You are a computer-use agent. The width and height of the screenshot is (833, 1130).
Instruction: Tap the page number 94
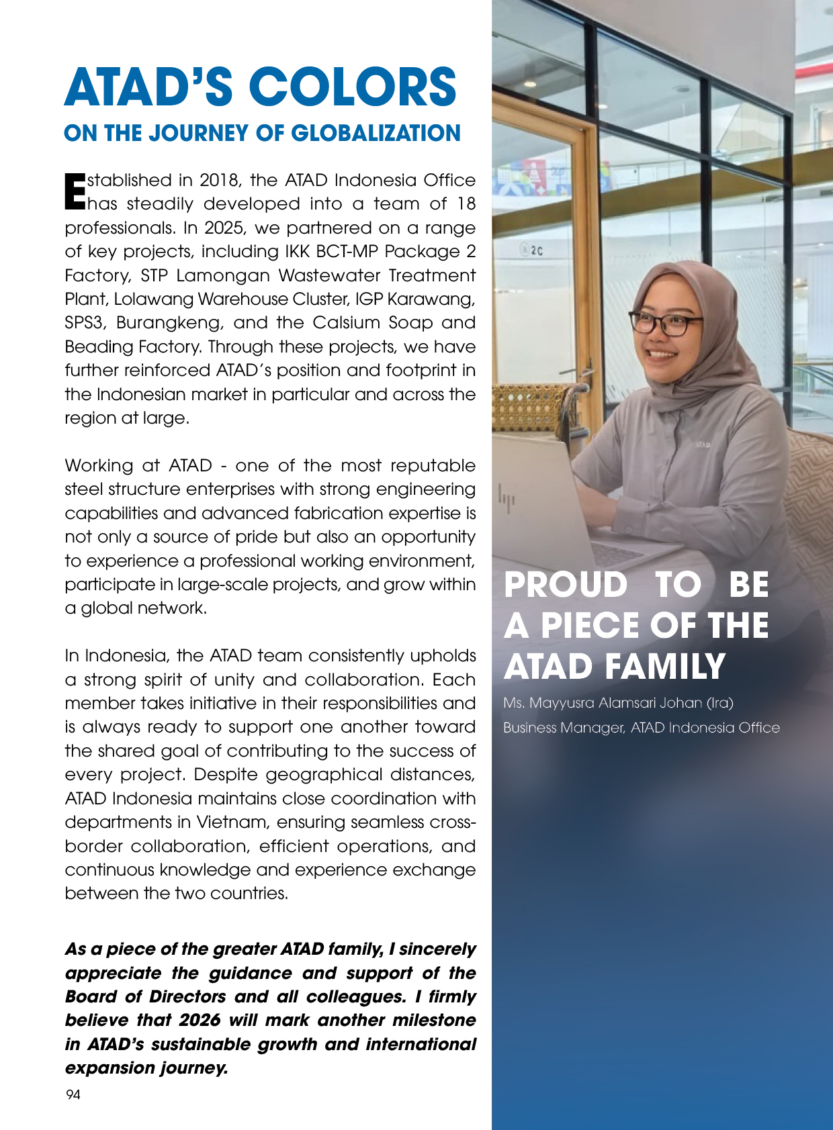73,1095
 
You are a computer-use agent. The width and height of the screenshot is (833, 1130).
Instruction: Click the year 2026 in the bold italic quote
200,1021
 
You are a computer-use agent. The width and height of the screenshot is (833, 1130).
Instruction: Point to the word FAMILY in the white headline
664,667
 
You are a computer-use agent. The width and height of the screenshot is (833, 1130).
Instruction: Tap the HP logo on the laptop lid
507,500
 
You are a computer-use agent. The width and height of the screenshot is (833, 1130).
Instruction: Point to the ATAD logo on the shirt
702,445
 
